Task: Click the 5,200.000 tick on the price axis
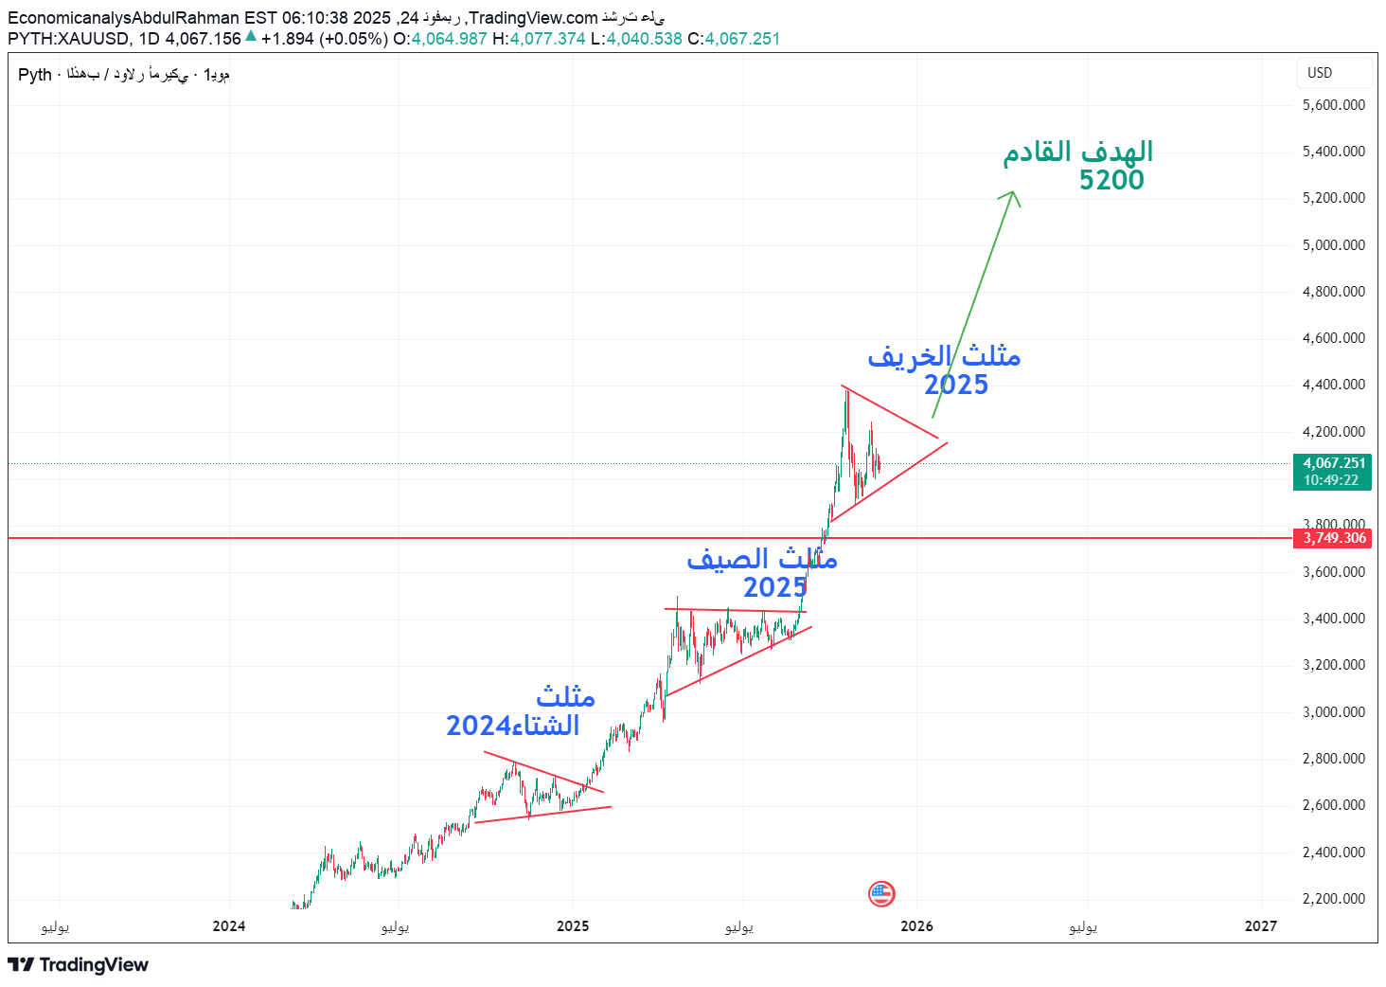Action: pos(1333,198)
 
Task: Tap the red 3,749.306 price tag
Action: pos(1334,538)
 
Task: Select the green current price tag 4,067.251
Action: pos(1334,463)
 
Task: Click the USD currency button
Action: pos(1320,73)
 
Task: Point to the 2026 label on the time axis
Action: pos(916,926)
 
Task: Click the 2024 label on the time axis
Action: pos(229,926)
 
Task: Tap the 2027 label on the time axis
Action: pos(1260,926)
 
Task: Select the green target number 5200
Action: pos(1111,180)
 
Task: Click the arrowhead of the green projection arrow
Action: pos(1012,194)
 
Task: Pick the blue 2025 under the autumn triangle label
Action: pos(956,385)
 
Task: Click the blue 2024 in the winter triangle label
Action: pos(479,726)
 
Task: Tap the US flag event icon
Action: pos(881,893)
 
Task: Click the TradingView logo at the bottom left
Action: pos(79,964)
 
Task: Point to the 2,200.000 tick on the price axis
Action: pos(1333,899)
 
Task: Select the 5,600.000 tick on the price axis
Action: pos(1333,105)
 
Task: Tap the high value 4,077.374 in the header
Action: pos(547,39)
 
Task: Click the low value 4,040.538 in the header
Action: pos(644,39)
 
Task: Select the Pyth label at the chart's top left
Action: pos(35,75)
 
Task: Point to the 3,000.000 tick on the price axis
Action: pos(1333,712)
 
